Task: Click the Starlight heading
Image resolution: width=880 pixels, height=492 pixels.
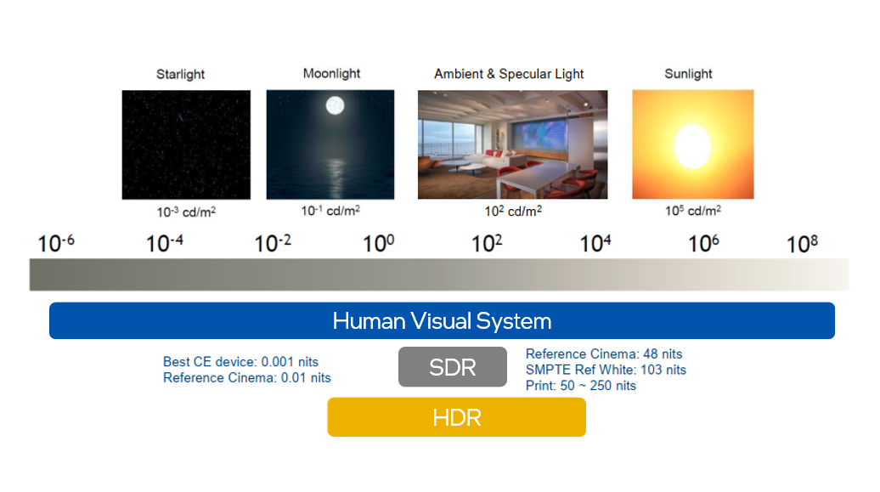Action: (x=180, y=74)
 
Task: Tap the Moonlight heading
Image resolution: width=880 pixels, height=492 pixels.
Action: (x=331, y=74)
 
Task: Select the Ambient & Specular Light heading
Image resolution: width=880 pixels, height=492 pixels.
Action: (x=509, y=74)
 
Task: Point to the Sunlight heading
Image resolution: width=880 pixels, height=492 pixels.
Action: (x=688, y=74)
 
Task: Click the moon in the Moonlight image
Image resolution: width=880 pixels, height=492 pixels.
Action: (x=335, y=105)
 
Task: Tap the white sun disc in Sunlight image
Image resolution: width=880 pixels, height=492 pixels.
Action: (x=692, y=146)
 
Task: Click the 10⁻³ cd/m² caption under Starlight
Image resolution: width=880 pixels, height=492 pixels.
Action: (x=186, y=212)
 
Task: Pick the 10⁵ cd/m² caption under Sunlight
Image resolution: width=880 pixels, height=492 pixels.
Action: (x=693, y=211)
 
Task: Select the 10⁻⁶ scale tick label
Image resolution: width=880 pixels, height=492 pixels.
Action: (x=55, y=243)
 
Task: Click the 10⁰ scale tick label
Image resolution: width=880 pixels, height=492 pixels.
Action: (x=378, y=243)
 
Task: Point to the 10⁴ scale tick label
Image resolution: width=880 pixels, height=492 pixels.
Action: (x=595, y=243)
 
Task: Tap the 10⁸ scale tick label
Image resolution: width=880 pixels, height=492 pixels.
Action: (x=802, y=244)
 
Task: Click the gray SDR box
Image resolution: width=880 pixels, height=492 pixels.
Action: (x=453, y=367)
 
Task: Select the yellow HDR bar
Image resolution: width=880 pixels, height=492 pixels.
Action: (x=456, y=417)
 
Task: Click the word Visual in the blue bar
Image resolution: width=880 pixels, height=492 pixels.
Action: (x=441, y=320)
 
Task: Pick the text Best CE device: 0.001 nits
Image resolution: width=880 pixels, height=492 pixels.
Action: (x=240, y=362)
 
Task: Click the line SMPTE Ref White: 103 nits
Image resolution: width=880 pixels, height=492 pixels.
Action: (x=606, y=370)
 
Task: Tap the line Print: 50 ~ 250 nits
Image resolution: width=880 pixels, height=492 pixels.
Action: (x=581, y=385)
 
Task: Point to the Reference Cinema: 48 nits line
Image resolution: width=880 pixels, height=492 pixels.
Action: (x=604, y=353)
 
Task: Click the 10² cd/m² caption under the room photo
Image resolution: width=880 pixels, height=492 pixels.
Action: (x=513, y=212)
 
